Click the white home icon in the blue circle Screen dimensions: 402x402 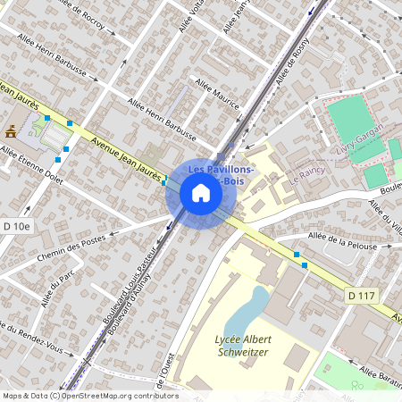(x=201, y=193)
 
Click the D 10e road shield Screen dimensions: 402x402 (x=15, y=227)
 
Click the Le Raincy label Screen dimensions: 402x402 (x=306, y=176)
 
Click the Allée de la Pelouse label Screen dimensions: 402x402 (x=345, y=235)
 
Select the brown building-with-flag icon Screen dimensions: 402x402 (x=12, y=131)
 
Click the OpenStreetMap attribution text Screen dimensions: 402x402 (x=89, y=396)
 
